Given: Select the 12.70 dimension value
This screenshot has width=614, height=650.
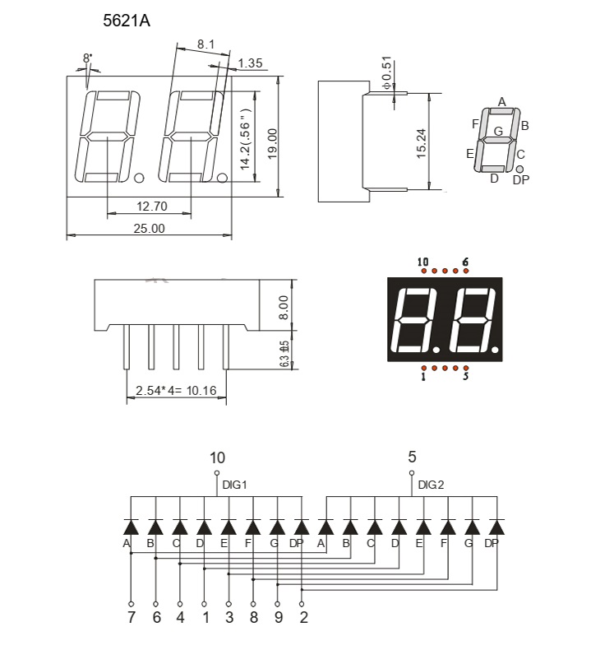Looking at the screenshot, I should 151,206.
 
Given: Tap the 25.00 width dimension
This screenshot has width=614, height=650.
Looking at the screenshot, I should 150,228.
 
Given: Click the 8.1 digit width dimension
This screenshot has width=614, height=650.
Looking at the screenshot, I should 206,44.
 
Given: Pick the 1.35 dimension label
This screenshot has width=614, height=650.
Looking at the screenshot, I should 250,63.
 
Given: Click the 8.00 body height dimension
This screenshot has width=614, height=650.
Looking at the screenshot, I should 284,307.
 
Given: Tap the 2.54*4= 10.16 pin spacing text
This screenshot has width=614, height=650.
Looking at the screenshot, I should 176,391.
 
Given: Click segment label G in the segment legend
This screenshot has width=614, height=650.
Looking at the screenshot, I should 498,130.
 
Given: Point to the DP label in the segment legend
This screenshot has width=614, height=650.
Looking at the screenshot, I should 521,180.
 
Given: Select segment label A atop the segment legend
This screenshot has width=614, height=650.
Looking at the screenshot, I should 501,102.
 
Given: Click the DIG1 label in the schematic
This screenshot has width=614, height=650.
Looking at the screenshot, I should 235,485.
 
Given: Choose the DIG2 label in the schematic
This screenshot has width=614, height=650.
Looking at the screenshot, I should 431,485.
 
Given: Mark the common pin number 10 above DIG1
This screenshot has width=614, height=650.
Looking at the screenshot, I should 217,457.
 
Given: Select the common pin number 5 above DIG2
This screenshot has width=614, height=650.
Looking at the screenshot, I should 412,457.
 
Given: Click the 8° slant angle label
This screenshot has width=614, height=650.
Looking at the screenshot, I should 87,58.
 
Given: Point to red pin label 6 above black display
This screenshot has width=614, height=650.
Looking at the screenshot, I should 465,262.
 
